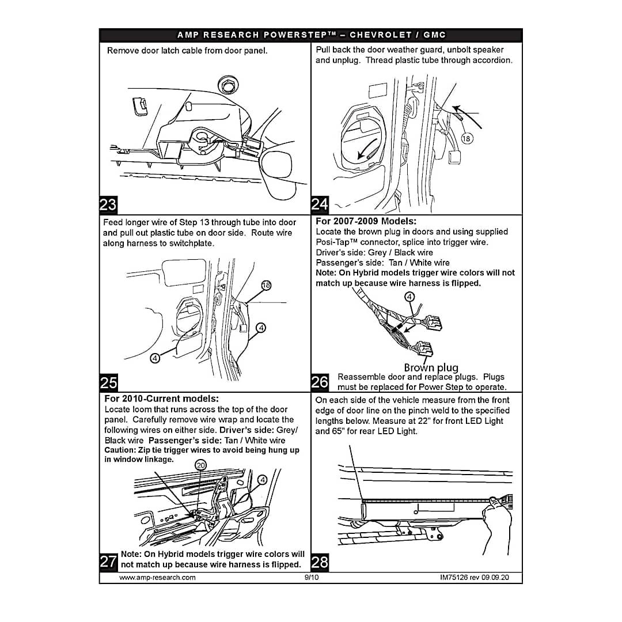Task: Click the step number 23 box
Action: click(108, 204)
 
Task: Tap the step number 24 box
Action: click(320, 204)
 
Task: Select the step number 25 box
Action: click(108, 382)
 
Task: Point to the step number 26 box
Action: click(320, 382)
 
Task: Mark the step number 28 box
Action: click(320, 562)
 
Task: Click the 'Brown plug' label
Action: click(431, 367)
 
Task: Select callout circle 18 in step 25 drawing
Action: click(266, 286)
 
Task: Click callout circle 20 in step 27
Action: click(200, 465)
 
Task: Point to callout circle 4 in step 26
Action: click(409, 297)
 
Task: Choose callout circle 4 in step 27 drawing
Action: click(263, 479)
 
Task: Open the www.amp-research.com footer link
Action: click(157, 577)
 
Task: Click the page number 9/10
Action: click(311, 577)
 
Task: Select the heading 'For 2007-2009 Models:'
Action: click(366, 221)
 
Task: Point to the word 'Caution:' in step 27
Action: click(119, 450)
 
